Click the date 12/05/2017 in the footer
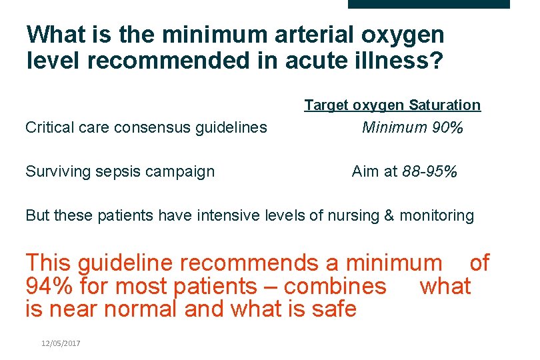pyautogui.click(x=60, y=343)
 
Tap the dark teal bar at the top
pyautogui.click(x=429, y=4)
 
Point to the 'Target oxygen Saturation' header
pyautogui.click(x=392, y=105)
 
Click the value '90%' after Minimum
pyautogui.click(x=447, y=127)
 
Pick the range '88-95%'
pyautogui.click(x=430, y=171)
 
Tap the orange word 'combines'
pyautogui.click(x=336, y=287)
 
